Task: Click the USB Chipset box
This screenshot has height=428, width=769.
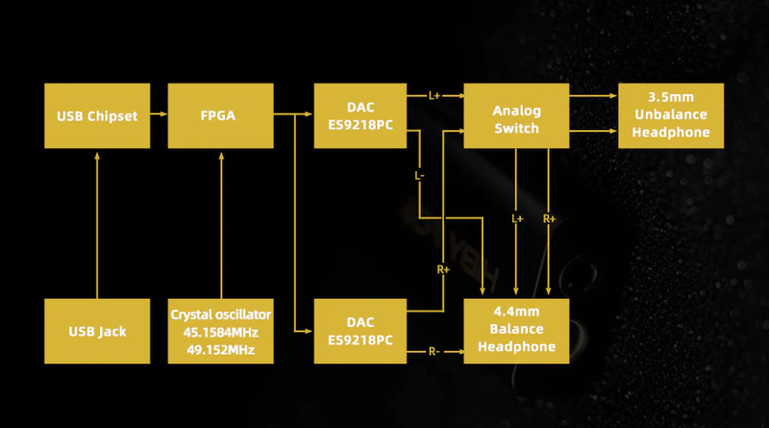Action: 97,115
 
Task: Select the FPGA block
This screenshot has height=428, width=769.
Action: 221,115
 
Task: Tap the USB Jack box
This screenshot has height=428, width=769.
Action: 97,331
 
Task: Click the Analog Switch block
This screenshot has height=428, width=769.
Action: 516,115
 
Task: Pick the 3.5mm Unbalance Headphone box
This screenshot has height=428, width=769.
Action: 671,115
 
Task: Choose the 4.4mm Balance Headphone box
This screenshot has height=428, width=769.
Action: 516,331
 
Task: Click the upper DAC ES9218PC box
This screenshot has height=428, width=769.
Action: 360,115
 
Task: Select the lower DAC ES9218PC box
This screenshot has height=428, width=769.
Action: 360,331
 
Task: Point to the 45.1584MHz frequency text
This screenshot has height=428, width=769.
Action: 221,332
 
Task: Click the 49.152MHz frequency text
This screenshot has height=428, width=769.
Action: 221,350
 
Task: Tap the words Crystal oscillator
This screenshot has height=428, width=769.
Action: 221,315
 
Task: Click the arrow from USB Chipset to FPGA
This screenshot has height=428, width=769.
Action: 159,113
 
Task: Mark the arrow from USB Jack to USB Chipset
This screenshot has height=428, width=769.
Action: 97,225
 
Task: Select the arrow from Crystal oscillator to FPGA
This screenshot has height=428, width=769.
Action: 221,225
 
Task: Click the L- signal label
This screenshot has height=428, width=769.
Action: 419,175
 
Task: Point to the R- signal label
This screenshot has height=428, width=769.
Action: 434,351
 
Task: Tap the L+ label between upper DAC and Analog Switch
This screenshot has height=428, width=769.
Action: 434,96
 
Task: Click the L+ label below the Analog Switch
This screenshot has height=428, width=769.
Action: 517,218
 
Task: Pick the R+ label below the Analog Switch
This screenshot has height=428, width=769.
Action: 549,218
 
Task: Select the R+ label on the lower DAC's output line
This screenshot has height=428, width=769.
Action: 443,269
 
